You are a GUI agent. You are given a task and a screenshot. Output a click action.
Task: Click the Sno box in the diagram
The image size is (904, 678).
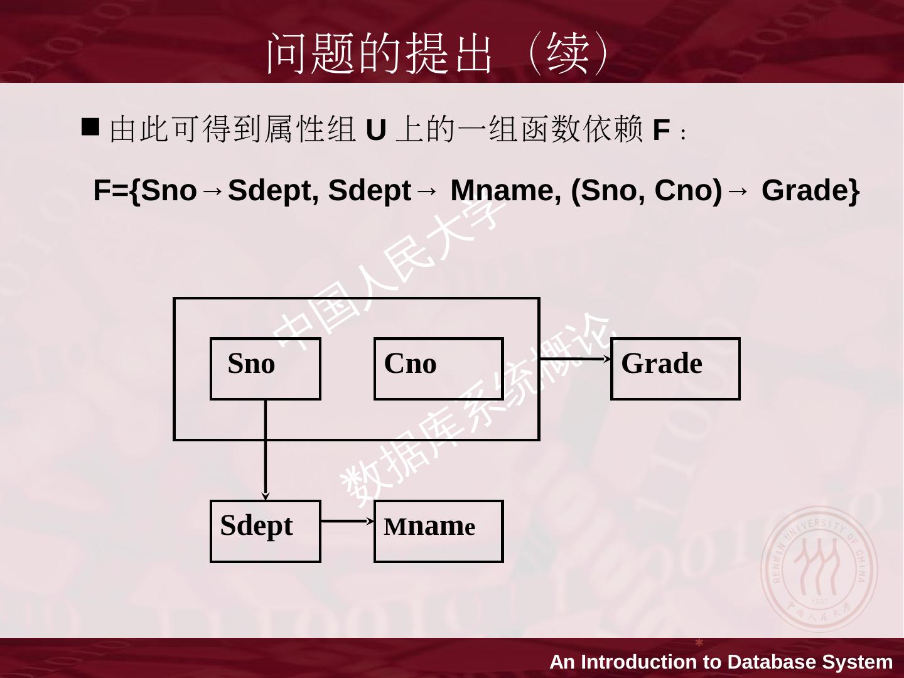265,369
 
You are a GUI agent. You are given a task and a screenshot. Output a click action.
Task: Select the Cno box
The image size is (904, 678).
438,369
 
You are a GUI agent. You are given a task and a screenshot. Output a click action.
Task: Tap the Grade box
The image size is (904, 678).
675,369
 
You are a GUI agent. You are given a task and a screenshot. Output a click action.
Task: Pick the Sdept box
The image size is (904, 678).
265,530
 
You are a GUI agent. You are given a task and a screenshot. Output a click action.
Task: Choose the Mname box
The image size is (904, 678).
438,530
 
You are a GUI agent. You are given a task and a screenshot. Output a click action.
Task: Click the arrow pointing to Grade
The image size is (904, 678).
575,358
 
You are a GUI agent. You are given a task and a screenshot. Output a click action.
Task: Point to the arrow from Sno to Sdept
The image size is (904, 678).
266,449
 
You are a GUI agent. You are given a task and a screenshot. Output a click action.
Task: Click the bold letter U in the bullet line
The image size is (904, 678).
375,131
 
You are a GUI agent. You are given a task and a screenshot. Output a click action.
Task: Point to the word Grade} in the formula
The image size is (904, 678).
810,190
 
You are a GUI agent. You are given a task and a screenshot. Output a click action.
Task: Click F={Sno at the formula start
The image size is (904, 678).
145,190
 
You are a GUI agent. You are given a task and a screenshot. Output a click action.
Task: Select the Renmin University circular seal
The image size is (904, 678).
819,569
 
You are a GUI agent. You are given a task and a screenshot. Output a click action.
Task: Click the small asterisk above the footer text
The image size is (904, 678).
699,643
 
